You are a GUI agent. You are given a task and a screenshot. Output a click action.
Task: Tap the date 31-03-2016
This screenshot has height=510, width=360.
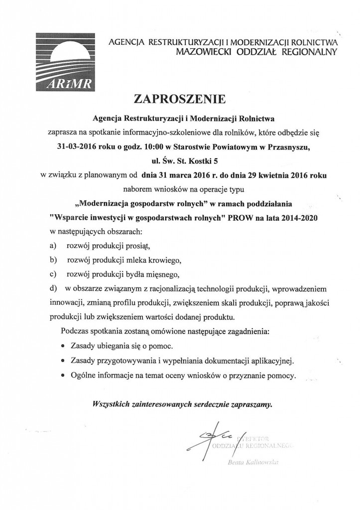tap(79, 147)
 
